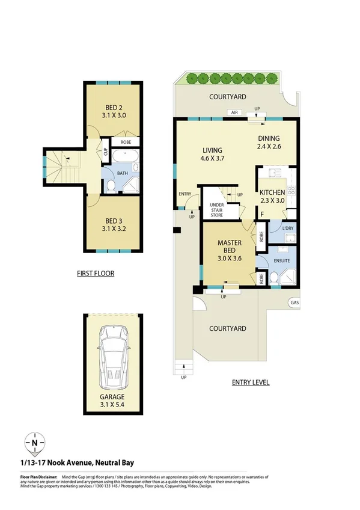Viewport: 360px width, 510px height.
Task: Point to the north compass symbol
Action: pos(35,444)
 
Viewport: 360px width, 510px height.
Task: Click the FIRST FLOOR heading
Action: pos(95,273)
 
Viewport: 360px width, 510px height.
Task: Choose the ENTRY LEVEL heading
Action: pos(251,382)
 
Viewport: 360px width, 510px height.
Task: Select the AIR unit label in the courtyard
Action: pos(233,112)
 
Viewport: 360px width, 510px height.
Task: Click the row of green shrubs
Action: pos(232,78)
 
